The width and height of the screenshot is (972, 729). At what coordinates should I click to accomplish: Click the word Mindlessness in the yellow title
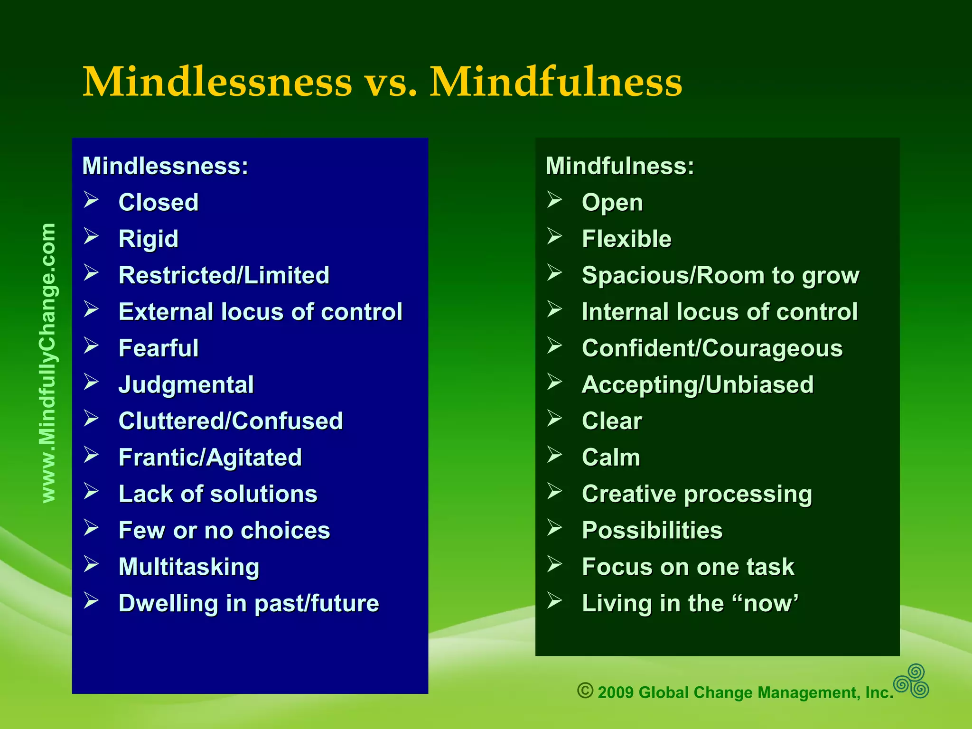(217, 82)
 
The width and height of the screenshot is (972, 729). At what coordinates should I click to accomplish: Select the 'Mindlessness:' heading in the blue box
(165, 166)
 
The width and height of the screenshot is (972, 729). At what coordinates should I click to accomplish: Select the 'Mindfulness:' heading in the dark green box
(619, 166)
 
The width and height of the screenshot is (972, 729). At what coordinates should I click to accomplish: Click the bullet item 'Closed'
(159, 203)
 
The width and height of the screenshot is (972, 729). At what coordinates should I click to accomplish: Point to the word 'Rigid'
(149, 239)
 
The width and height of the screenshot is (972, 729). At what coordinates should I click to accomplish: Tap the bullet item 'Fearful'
(159, 348)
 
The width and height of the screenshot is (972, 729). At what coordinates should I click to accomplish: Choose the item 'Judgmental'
(186, 385)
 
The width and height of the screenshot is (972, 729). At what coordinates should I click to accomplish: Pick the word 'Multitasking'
(189, 567)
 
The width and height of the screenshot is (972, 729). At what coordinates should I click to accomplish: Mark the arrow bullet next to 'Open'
(554, 200)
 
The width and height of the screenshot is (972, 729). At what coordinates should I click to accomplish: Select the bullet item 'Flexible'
(626, 239)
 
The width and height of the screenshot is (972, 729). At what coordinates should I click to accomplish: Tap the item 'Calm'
(611, 458)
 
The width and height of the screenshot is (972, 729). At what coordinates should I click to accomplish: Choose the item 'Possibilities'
(652, 530)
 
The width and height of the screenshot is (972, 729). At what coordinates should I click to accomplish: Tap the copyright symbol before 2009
(585, 690)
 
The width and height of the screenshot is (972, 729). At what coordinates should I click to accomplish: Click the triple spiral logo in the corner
(911, 682)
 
